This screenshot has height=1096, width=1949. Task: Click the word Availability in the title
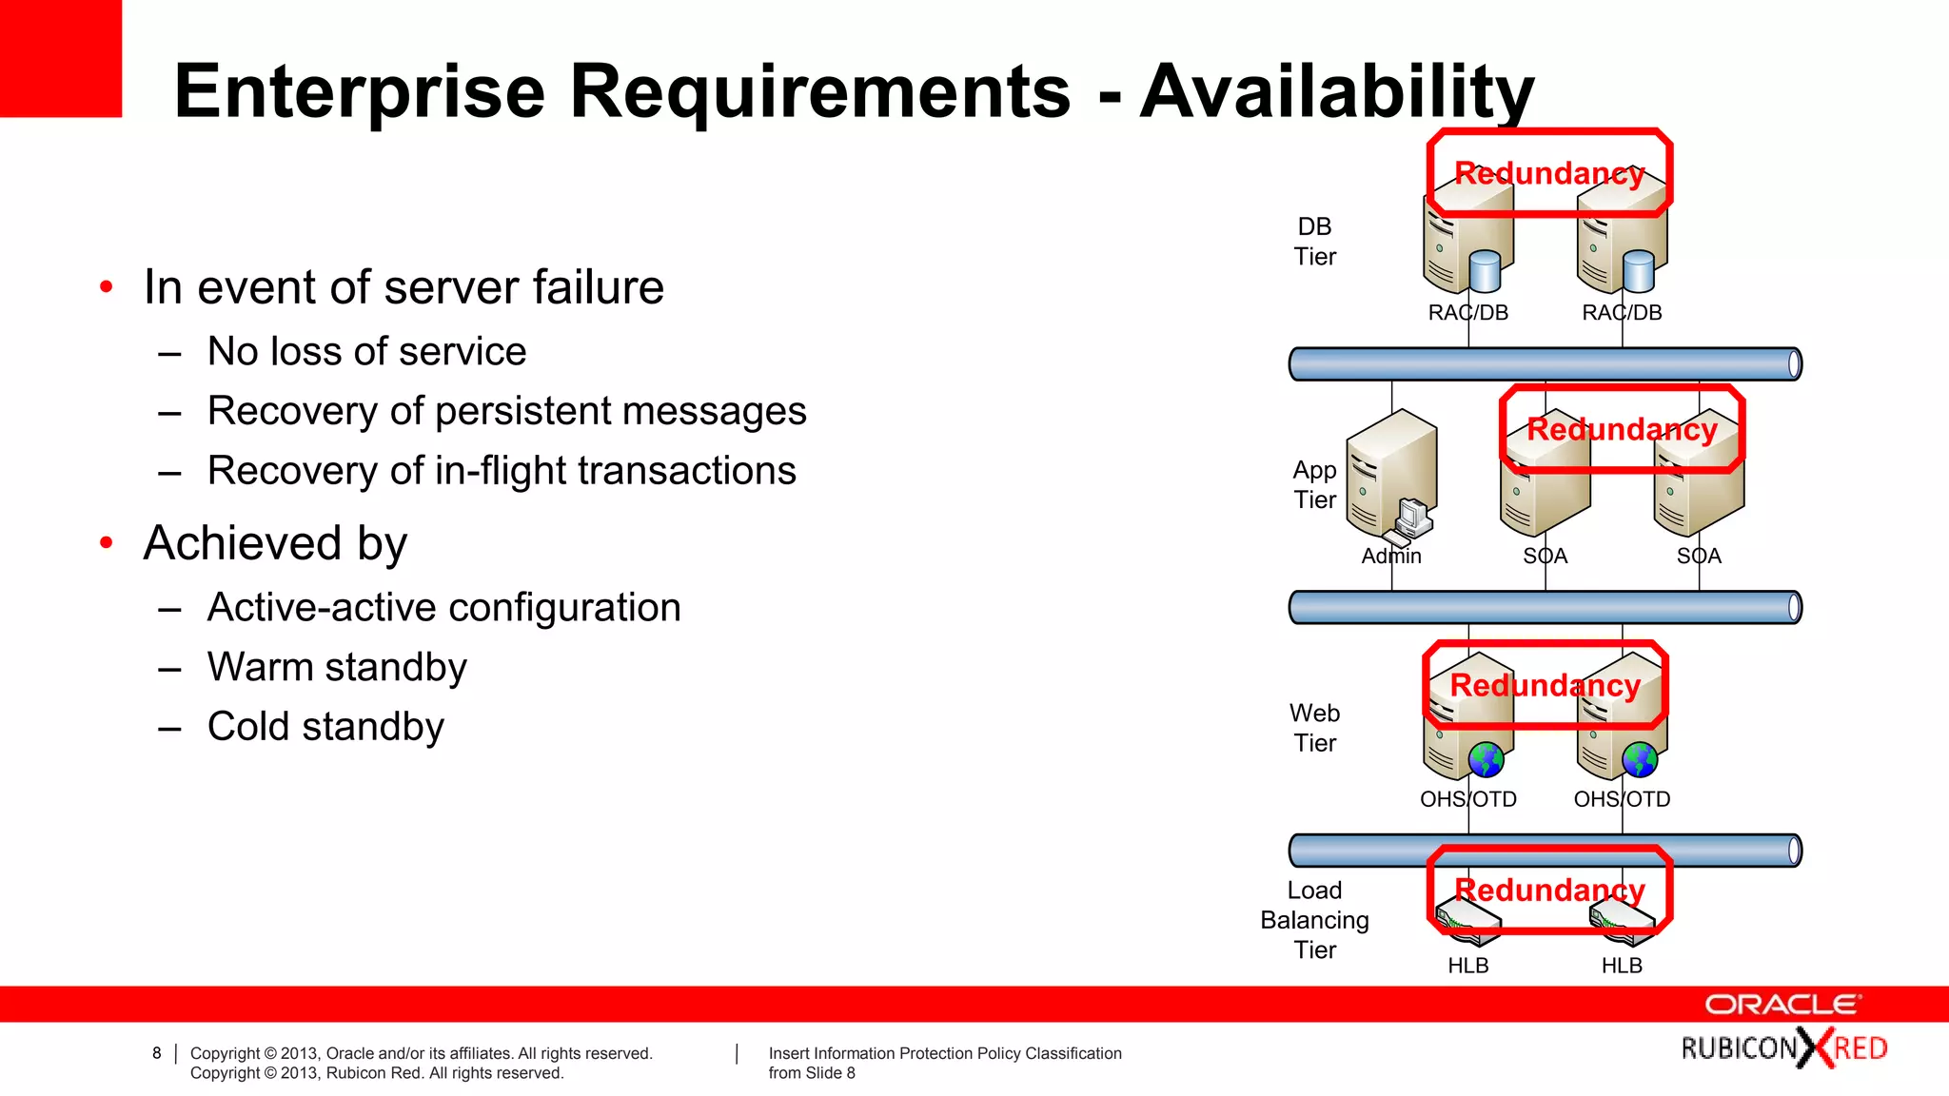(x=1336, y=91)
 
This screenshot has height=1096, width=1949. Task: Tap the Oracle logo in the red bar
(x=1782, y=1005)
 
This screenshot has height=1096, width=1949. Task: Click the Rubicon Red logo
(x=1783, y=1048)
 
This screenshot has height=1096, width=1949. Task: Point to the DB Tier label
(x=1315, y=242)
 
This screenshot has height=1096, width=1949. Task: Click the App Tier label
(x=1315, y=484)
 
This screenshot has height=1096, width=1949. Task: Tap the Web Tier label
(x=1315, y=728)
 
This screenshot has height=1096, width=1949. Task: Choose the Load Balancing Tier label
(x=1315, y=920)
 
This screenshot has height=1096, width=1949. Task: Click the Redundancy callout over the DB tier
(x=1549, y=173)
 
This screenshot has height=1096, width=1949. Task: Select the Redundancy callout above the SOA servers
(x=1622, y=429)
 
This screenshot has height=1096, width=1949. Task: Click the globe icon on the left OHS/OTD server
(x=1486, y=759)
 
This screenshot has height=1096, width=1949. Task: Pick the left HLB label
(x=1468, y=966)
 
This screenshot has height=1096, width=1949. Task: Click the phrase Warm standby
(x=337, y=667)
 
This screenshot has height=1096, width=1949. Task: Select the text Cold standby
(x=325, y=727)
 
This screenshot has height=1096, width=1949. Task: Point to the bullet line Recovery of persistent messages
(x=506, y=411)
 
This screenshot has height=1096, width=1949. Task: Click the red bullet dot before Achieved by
(x=107, y=543)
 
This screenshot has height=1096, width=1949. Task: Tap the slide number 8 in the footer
(x=157, y=1053)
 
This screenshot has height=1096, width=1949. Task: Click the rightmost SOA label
(x=1699, y=556)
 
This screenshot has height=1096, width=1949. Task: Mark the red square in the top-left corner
(x=60, y=57)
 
